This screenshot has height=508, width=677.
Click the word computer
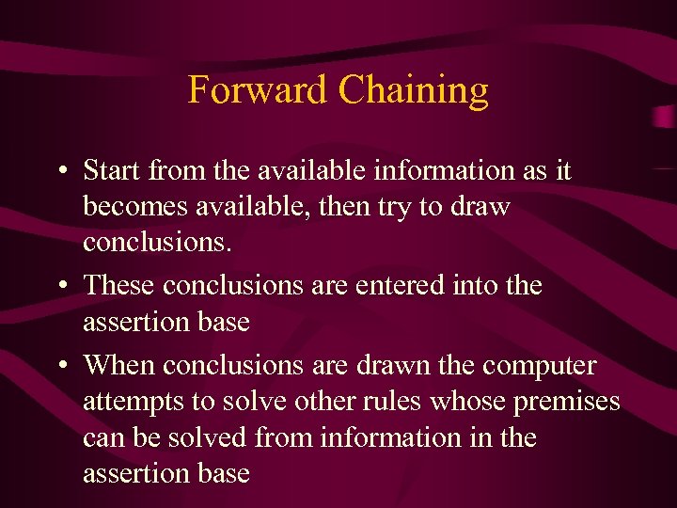tap(549, 365)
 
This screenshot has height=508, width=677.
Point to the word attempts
tap(135, 403)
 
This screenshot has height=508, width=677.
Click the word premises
tap(567, 403)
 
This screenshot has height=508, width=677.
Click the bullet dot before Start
tap(59, 172)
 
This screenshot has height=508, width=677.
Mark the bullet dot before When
tap(59, 364)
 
